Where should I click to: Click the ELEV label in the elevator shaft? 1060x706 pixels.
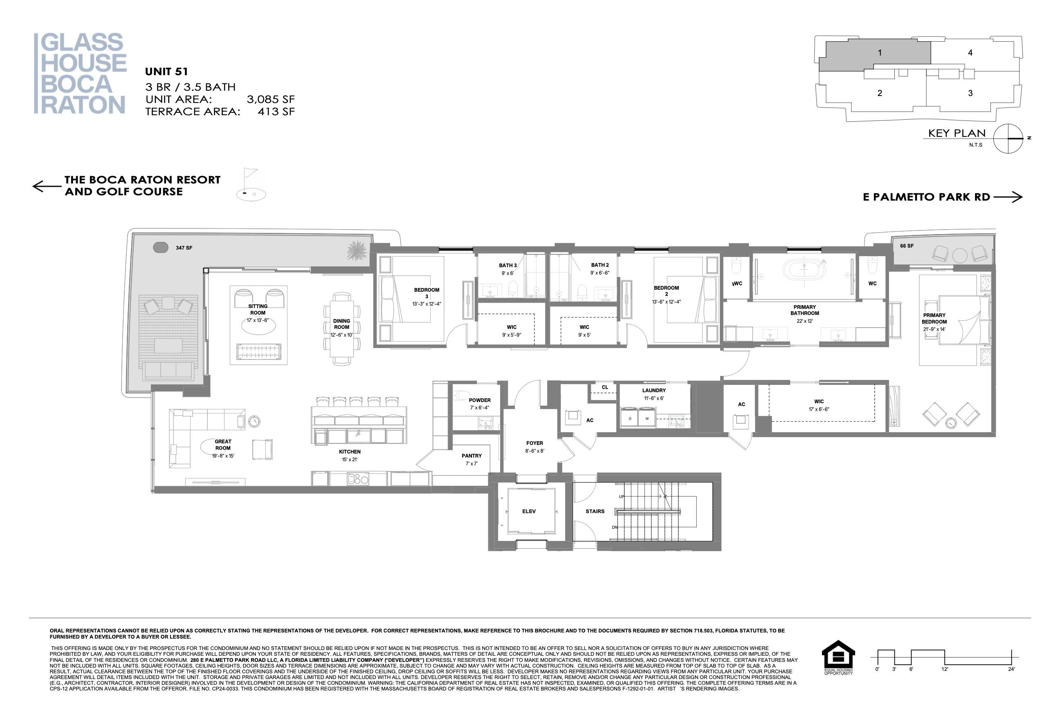pos(529,512)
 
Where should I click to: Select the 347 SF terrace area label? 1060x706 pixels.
pos(184,248)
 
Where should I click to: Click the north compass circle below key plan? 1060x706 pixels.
pos(1008,138)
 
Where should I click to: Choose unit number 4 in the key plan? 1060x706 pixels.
pos(970,53)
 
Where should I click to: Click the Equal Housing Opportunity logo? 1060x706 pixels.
pos(838,657)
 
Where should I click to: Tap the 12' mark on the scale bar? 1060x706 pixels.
pos(945,669)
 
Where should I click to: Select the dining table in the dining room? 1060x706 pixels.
pos(341,328)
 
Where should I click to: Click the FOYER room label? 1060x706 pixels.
pos(534,443)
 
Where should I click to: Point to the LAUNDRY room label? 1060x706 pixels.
pos(654,390)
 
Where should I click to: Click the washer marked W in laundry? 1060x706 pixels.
pos(647,418)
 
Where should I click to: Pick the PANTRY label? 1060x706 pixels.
pos(472,456)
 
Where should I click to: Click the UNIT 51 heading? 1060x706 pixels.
pos(166,71)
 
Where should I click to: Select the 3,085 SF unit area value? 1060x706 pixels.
pos(270,100)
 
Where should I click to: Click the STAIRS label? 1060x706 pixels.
pos(595,512)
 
